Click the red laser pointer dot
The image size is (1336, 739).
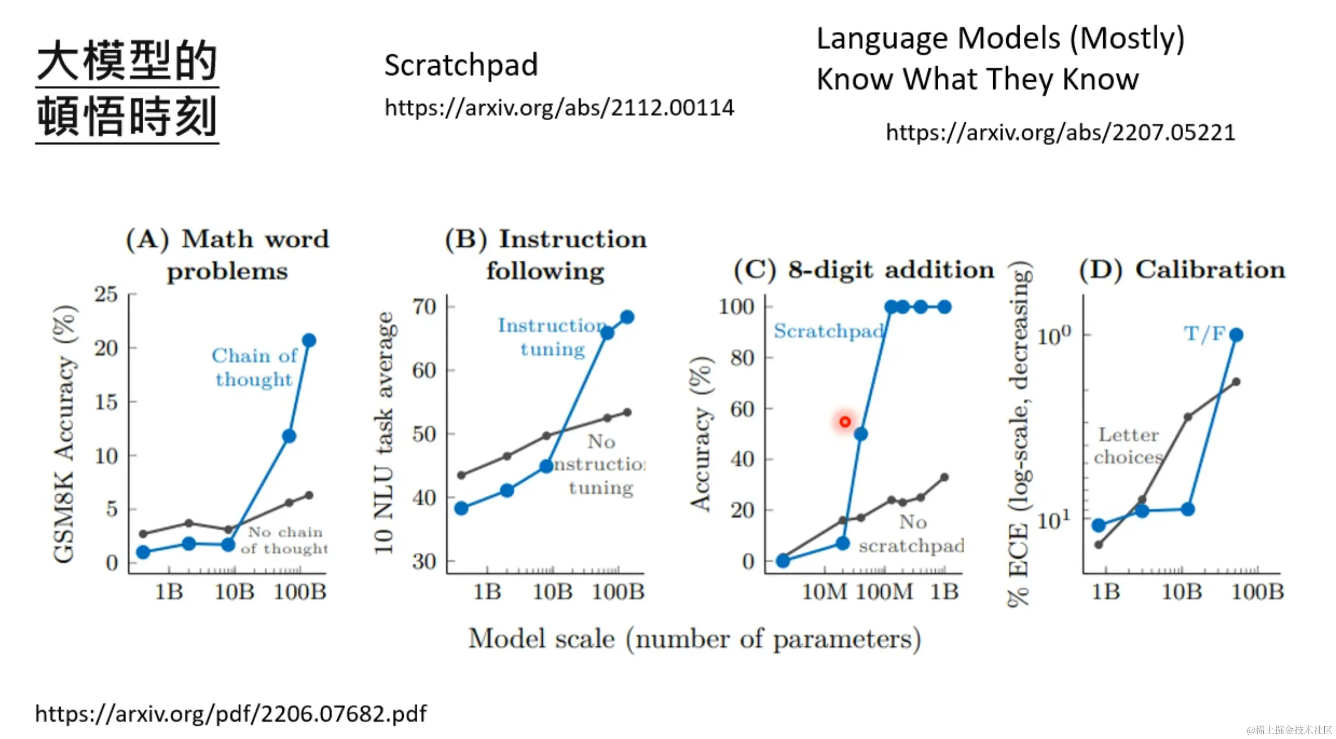(x=844, y=422)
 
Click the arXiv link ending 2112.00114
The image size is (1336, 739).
(x=559, y=108)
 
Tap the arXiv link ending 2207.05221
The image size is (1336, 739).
(x=1060, y=133)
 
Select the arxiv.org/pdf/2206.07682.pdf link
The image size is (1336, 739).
(x=231, y=714)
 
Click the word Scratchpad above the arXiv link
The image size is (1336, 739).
(x=461, y=65)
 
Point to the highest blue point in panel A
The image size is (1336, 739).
(x=309, y=341)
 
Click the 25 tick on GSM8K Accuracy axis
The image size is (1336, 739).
(x=106, y=295)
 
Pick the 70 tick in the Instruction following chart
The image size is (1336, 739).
(x=424, y=307)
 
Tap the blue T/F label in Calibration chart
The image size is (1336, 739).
(x=1205, y=334)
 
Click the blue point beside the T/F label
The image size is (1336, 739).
(x=1236, y=335)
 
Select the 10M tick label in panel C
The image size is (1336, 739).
(x=825, y=592)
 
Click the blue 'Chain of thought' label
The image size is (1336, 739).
(x=254, y=368)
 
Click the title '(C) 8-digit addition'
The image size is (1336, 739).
(x=864, y=270)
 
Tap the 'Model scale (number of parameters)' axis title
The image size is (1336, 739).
(x=694, y=640)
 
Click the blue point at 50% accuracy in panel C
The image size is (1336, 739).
(x=861, y=434)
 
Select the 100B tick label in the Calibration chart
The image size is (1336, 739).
(x=1257, y=592)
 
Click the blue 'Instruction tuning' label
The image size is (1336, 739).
(x=552, y=337)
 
